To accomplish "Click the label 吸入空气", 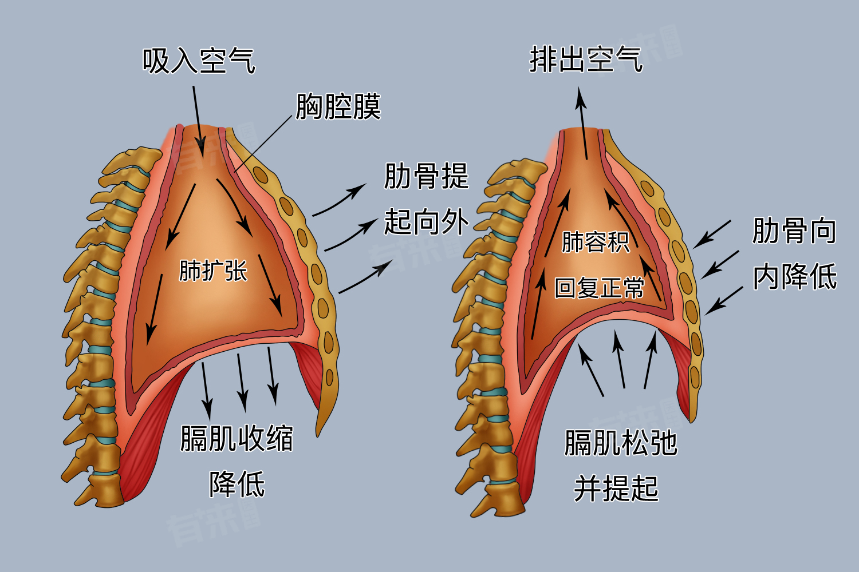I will tap(198, 61).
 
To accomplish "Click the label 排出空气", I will tap(586, 59).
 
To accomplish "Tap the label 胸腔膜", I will tap(338, 107).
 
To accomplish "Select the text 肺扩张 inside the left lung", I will tap(213, 271).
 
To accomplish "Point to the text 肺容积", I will tap(596, 242).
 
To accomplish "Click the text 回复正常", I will tap(600, 287).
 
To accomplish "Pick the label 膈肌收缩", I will tap(237, 439).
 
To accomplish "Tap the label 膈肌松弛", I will tap(621, 443).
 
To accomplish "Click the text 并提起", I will tap(616, 489).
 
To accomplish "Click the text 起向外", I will tap(426, 222).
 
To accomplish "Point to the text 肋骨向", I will tap(794, 231).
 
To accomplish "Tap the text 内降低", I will tap(794, 277).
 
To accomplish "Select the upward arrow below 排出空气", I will tap(584, 123).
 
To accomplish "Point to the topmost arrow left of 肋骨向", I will tap(712, 234).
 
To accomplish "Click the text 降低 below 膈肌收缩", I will tap(237, 484).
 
